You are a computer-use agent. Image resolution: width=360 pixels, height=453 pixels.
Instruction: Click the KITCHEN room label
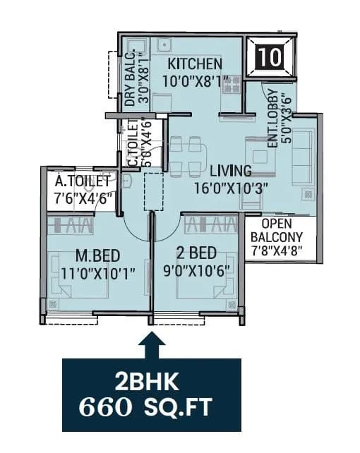(x=193, y=64)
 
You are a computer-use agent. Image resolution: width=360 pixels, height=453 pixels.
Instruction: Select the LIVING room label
(x=230, y=170)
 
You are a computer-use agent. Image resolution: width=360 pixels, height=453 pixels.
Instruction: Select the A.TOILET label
(x=83, y=183)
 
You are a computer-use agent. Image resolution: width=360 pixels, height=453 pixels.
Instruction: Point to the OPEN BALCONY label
(x=282, y=230)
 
